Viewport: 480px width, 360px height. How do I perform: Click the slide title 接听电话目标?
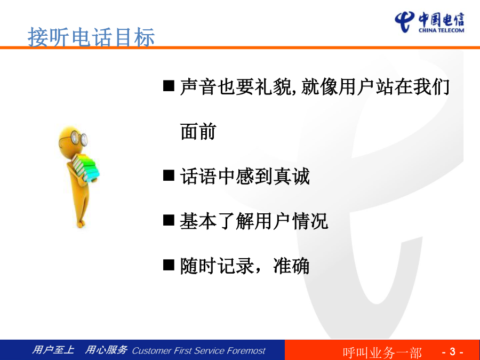click(x=91, y=37)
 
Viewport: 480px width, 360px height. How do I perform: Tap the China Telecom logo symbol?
click(x=404, y=22)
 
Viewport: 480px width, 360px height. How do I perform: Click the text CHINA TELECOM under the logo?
click(x=441, y=30)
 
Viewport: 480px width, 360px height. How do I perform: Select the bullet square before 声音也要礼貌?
click(x=169, y=86)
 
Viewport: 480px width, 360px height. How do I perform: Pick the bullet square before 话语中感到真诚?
click(x=169, y=175)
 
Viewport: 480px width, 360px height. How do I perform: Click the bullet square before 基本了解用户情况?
click(x=169, y=220)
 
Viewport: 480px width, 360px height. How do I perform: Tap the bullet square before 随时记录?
click(x=169, y=265)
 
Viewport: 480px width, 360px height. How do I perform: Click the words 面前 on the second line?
click(x=198, y=131)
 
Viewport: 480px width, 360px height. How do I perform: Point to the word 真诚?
click(x=291, y=176)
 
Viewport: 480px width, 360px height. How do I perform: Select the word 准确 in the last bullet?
click(x=291, y=266)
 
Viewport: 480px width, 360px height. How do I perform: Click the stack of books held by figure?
click(x=86, y=168)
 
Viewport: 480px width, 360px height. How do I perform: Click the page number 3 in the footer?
click(x=452, y=351)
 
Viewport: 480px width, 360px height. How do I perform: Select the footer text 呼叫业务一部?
click(x=382, y=353)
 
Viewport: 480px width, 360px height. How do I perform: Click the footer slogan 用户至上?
click(x=53, y=349)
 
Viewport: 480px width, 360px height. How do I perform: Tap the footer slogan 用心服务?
click(x=106, y=349)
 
